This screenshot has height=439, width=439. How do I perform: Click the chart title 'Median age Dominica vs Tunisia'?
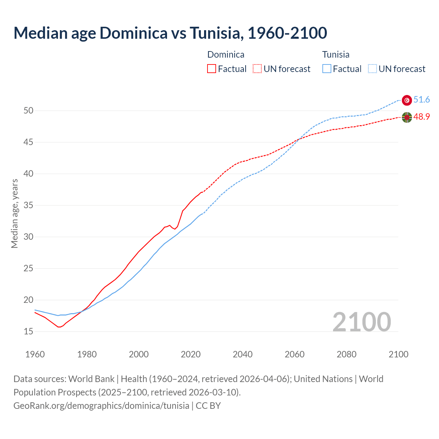[170, 33]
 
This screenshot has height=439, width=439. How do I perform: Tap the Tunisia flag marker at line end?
[407, 100]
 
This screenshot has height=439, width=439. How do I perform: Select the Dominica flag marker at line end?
[407, 117]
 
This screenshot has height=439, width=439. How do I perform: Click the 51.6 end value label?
[422, 100]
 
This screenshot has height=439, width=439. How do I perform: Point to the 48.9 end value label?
[422, 117]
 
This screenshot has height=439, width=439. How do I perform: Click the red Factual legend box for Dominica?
[212, 69]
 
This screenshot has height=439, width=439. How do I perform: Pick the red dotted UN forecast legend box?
[257, 69]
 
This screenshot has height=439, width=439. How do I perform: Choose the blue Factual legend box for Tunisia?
[327, 69]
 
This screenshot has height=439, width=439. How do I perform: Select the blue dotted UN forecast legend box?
[372, 69]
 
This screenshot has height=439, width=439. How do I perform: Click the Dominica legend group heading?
[226, 55]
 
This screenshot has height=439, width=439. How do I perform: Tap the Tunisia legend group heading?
[336, 55]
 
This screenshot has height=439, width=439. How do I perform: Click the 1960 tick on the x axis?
[35, 354]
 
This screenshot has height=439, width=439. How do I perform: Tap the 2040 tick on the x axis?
[242, 354]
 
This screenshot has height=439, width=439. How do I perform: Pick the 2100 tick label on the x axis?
[399, 354]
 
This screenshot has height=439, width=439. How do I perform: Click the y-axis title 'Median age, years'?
[14, 213]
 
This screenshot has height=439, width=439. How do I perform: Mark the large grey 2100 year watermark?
[361, 322]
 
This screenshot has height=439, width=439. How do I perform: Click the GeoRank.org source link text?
[101, 406]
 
